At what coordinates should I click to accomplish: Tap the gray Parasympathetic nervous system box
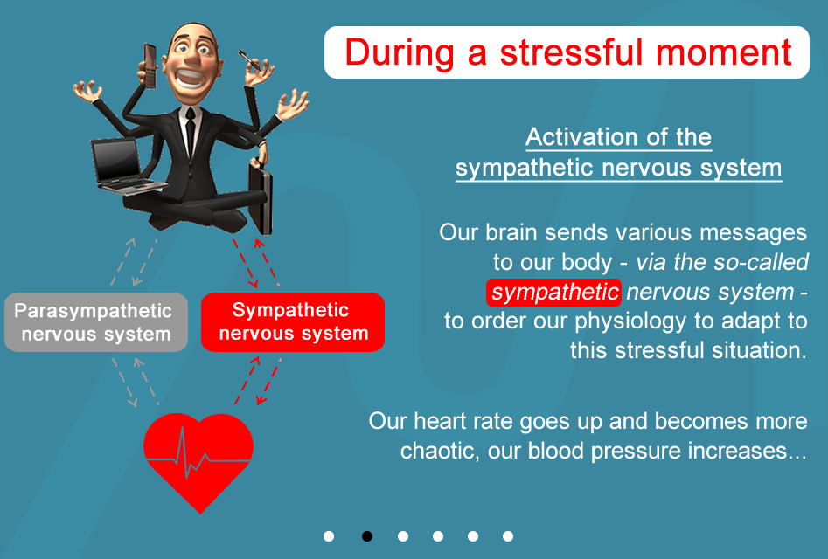[96, 322]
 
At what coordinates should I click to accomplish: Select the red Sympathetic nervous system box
[293, 321]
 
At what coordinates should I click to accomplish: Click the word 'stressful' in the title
[573, 52]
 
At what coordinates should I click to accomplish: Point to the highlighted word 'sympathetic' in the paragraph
[553, 292]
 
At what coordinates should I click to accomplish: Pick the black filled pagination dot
[367, 536]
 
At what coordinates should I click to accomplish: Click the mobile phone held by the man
[150, 66]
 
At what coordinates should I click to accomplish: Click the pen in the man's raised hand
[248, 60]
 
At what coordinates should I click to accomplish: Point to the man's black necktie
[190, 132]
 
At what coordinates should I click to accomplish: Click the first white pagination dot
[329, 536]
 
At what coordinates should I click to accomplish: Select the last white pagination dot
[508, 536]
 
